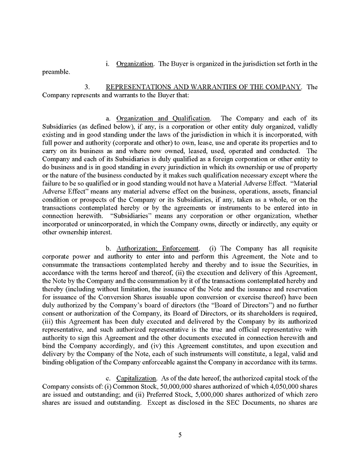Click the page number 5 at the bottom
tap(180, 435)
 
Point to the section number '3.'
tap(89, 87)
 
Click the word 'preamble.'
tap(56, 72)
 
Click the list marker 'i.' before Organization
tap(109, 64)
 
